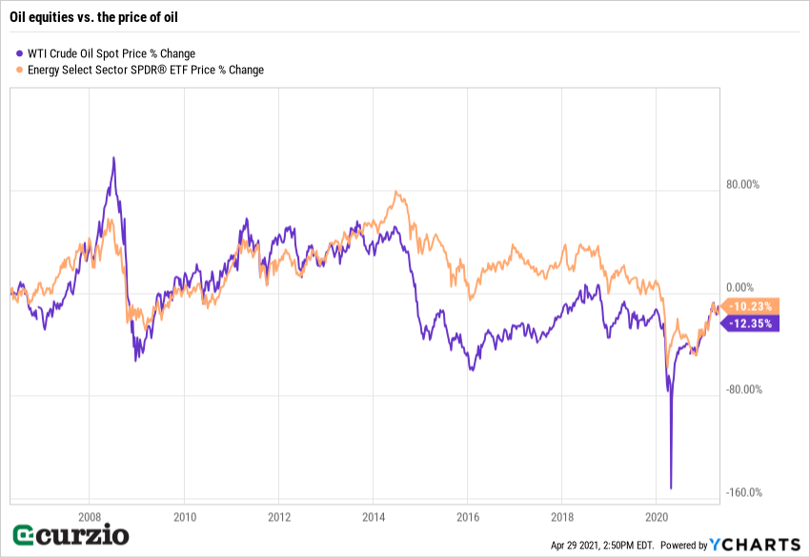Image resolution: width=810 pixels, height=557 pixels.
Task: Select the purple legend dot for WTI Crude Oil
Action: coord(20,53)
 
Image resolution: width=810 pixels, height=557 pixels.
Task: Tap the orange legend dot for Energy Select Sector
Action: coord(20,70)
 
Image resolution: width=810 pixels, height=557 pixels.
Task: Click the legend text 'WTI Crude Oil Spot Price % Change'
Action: coord(111,53)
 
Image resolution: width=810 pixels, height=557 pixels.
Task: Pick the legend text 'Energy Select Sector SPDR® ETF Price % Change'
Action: coord(146,70)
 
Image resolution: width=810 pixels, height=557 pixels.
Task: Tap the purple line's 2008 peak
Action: coord(113,158)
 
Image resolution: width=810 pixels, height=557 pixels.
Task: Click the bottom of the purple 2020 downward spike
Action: coord(671,488)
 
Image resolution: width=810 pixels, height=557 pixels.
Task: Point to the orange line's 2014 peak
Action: coord(396,192)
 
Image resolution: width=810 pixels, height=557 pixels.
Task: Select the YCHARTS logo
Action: coord(753,545)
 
